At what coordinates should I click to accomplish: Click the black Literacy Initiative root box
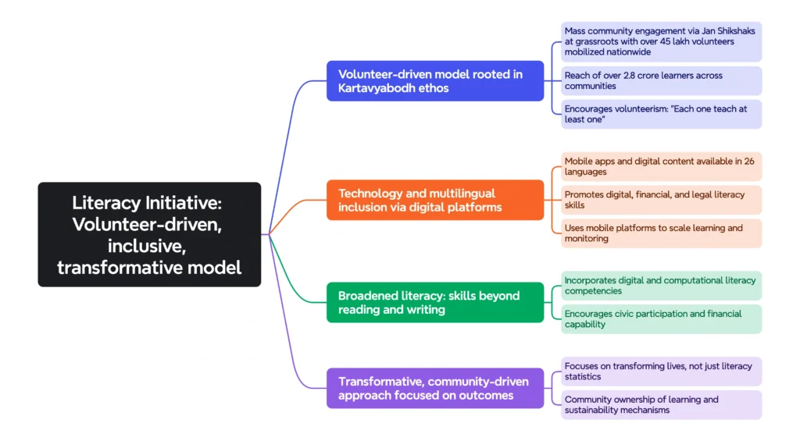[x=149, y=234]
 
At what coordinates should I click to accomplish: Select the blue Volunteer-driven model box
[x=434, y=80]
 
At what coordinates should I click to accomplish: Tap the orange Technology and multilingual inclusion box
[x=434, y=200]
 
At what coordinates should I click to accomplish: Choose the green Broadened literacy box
[x=434, y=302]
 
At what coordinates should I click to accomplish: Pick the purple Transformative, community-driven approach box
[x=434, y=388]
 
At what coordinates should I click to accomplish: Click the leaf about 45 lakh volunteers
[x=661, y=41]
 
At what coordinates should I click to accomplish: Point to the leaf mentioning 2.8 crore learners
[x=661, y=80]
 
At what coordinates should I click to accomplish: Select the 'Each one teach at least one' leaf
[x=661, y=114]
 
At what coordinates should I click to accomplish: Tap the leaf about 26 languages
[x=661, y=166]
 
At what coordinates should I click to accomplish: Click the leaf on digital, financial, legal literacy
[x=661, y=200]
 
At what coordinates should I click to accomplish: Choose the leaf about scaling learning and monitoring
[x=661, y=233]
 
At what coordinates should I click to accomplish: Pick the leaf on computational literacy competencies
[x=661, y=286]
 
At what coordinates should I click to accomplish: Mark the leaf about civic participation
[x=661, y=318]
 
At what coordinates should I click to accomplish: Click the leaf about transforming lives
[x=661, y=371]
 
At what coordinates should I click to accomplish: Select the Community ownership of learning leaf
[x=661, y=404]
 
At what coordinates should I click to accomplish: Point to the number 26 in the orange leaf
[x=748, y=162]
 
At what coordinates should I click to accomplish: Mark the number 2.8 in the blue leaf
[x=630, y=76]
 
